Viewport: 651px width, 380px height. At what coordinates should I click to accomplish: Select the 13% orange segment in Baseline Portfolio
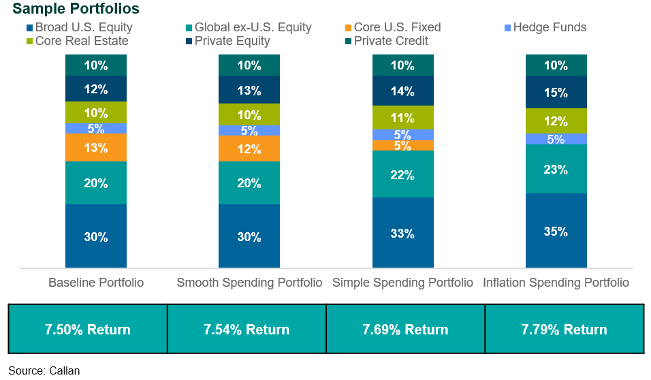[96, 148]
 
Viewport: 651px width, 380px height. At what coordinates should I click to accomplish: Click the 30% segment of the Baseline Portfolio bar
[96, 236]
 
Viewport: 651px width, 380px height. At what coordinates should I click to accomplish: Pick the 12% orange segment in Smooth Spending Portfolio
[249, 149]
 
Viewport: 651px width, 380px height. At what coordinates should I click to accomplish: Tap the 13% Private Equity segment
[249, 91]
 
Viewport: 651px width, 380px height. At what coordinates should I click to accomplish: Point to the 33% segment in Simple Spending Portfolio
[402, 233]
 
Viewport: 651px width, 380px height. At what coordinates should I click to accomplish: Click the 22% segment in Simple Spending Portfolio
[402, 174]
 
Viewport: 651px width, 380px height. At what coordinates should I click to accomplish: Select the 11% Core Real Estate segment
[402, 116]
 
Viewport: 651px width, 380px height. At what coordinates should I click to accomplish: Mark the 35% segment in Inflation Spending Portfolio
[556, 231]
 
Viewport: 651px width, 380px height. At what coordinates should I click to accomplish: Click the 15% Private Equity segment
[556, 92]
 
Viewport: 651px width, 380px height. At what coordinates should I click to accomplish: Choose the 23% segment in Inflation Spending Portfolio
[556, 169]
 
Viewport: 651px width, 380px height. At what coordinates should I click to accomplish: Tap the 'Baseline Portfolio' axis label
[96, 283]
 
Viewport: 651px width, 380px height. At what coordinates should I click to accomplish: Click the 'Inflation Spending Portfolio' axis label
[556, 283]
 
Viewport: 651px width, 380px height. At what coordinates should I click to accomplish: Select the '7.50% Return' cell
[88, 330]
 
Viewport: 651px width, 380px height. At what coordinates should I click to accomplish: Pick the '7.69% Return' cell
[405, 330]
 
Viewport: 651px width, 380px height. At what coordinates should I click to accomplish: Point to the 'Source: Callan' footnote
[44, 370]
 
